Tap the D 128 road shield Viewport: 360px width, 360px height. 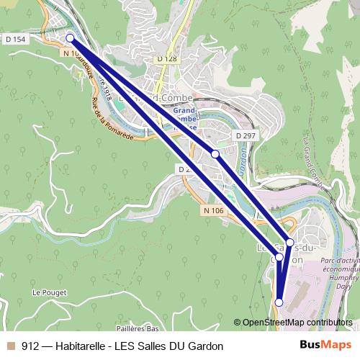pos(166,58)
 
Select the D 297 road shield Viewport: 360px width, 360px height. pos(245,135)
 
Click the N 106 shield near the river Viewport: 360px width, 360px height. pos(213,210)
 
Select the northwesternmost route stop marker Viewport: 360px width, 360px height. pos(70,37)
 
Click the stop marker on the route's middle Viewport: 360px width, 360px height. pos(215,153)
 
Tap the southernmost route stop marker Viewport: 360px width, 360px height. pos(279,302)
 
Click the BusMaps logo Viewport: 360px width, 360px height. pos(322,346)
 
